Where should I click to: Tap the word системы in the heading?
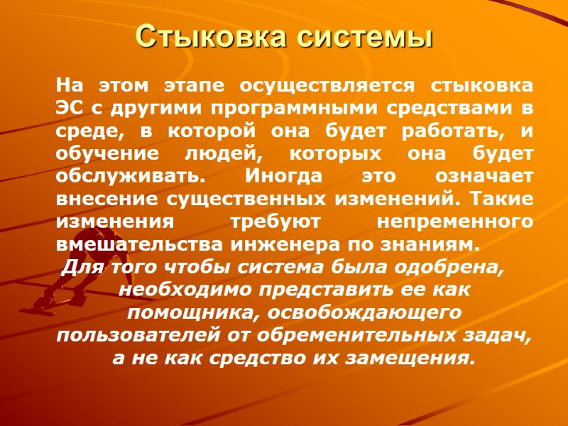(x=373, y=36)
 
